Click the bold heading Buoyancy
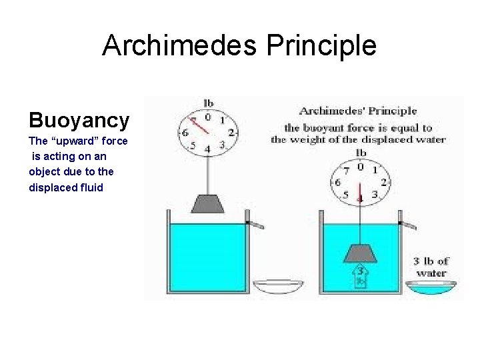point(79,120)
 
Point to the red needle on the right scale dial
point(360,187)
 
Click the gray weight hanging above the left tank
point(208,203)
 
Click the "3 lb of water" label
point(431,266)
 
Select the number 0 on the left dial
point(208,117)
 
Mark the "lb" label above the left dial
point(209,103)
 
